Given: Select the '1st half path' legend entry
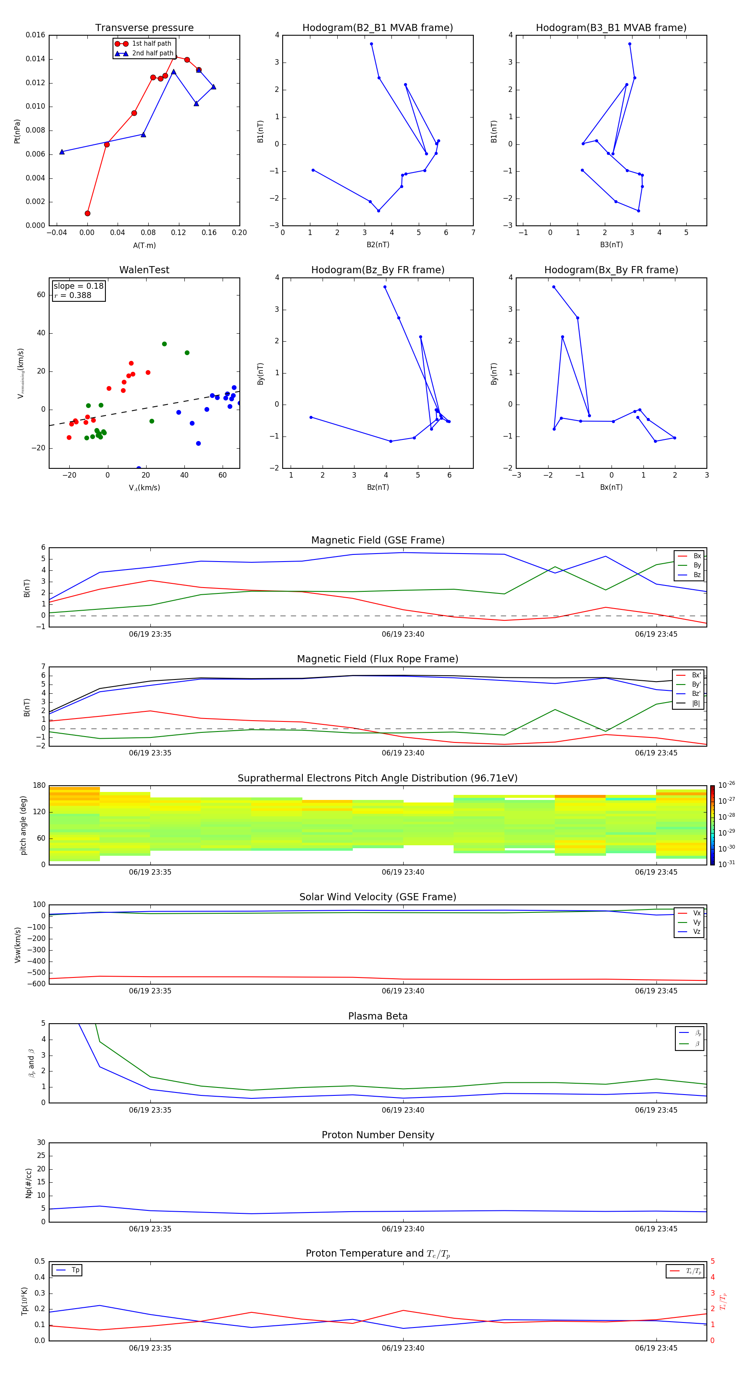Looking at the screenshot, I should [x=151, y=44].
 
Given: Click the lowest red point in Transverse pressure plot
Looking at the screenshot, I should [x=88, y=214].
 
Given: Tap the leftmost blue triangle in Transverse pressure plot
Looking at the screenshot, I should [x=62, y=152].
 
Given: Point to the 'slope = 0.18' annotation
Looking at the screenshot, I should [x=79, y=286].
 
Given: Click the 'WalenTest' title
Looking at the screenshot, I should [x=144, y=270].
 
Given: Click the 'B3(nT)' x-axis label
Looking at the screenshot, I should [x=611, y=245].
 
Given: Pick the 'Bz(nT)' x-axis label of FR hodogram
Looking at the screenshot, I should [x=378, y=487].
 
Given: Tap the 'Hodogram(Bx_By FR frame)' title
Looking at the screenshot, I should [x=611, y=270].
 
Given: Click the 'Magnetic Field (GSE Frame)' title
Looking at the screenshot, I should [x=378, y=540].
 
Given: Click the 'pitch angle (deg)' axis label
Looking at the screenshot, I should [x=23, y=825].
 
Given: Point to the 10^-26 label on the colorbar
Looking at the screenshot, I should [x=727, y=784].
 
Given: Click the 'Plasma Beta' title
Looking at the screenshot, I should [x=378, y=1016].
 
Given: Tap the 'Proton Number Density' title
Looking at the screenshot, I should [x=378, y=1135].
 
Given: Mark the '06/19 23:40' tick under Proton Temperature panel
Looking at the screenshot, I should [x=403, y=1348].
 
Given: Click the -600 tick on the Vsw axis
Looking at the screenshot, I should [x=38, y=984].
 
